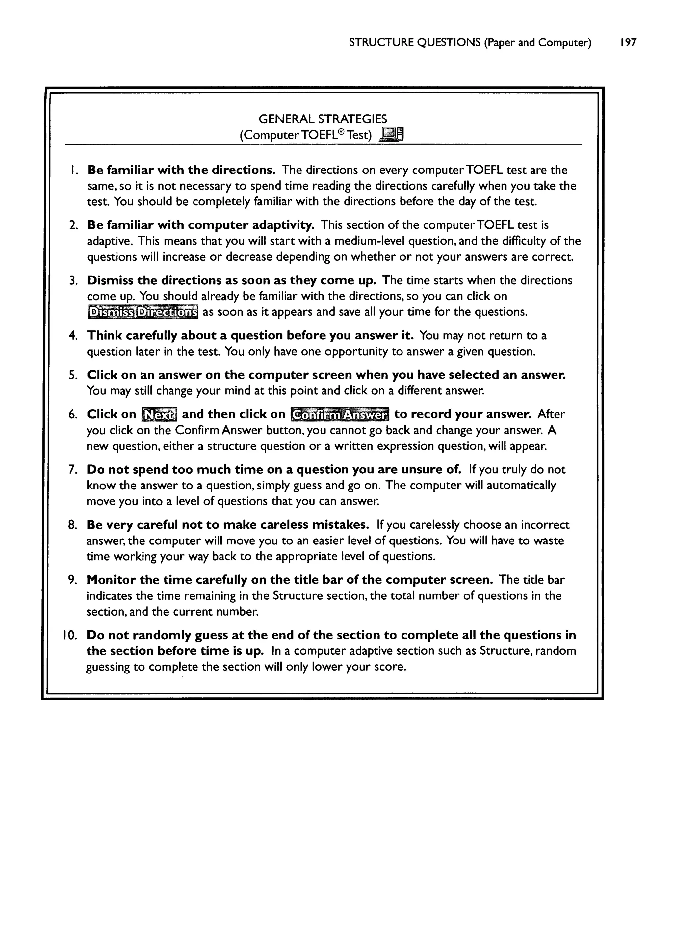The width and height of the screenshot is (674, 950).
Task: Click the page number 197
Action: coord(628,43)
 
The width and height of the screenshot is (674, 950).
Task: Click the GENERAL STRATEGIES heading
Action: coord(323,119)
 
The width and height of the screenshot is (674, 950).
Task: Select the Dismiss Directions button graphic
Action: coord(143,312)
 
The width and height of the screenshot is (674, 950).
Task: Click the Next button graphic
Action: coord(159,414)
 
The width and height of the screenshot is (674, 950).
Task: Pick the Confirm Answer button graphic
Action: coord(340,414)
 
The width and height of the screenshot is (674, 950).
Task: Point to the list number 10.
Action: coord(70,635)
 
